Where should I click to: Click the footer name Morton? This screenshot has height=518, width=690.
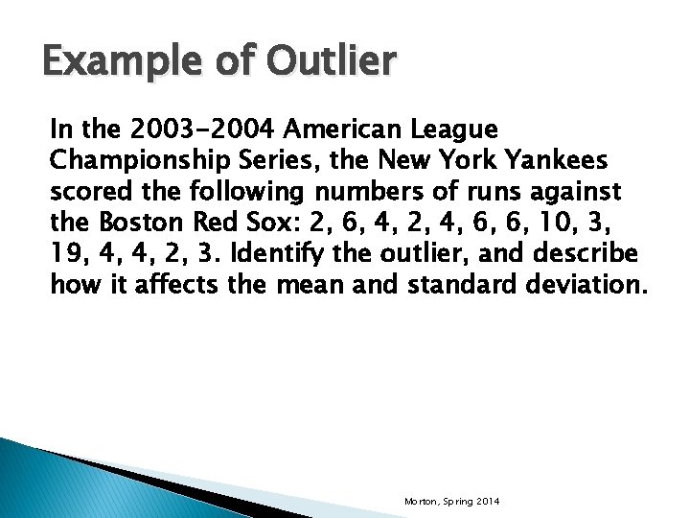420,503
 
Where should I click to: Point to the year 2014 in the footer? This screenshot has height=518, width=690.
485,503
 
